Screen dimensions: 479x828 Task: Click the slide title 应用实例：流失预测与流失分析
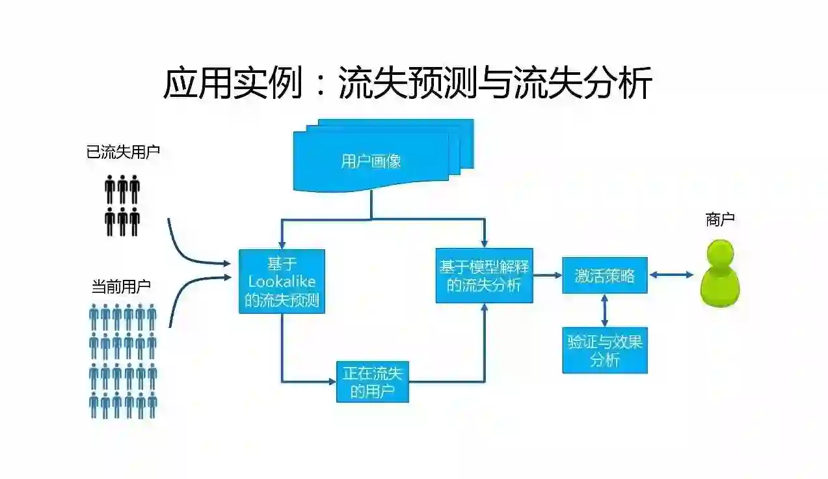tap(407, 83)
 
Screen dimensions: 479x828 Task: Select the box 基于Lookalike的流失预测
tap(282, 281)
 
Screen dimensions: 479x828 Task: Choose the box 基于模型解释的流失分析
tap(484, 275)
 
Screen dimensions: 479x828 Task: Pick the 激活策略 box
tap(604, 275)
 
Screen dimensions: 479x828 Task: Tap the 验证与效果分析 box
tap(604, 350)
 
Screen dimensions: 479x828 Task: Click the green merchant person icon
tap(720, 273)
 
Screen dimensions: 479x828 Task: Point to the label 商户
tap(720, 220)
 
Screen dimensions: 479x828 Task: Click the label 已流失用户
tap(123, 153)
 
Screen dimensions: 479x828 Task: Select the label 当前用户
tap(121, 286)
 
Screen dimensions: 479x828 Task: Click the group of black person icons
tap(122, 204)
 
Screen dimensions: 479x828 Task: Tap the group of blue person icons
tap(123, 361)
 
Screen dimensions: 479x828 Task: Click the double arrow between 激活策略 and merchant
tap(671, 275)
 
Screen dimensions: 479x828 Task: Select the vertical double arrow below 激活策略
tap(605, 310)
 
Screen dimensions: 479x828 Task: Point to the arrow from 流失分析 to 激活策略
tap(548, 275)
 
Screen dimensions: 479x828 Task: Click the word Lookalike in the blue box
tap(282, 282)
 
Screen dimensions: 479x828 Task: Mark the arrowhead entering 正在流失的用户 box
tap(331, 381)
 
